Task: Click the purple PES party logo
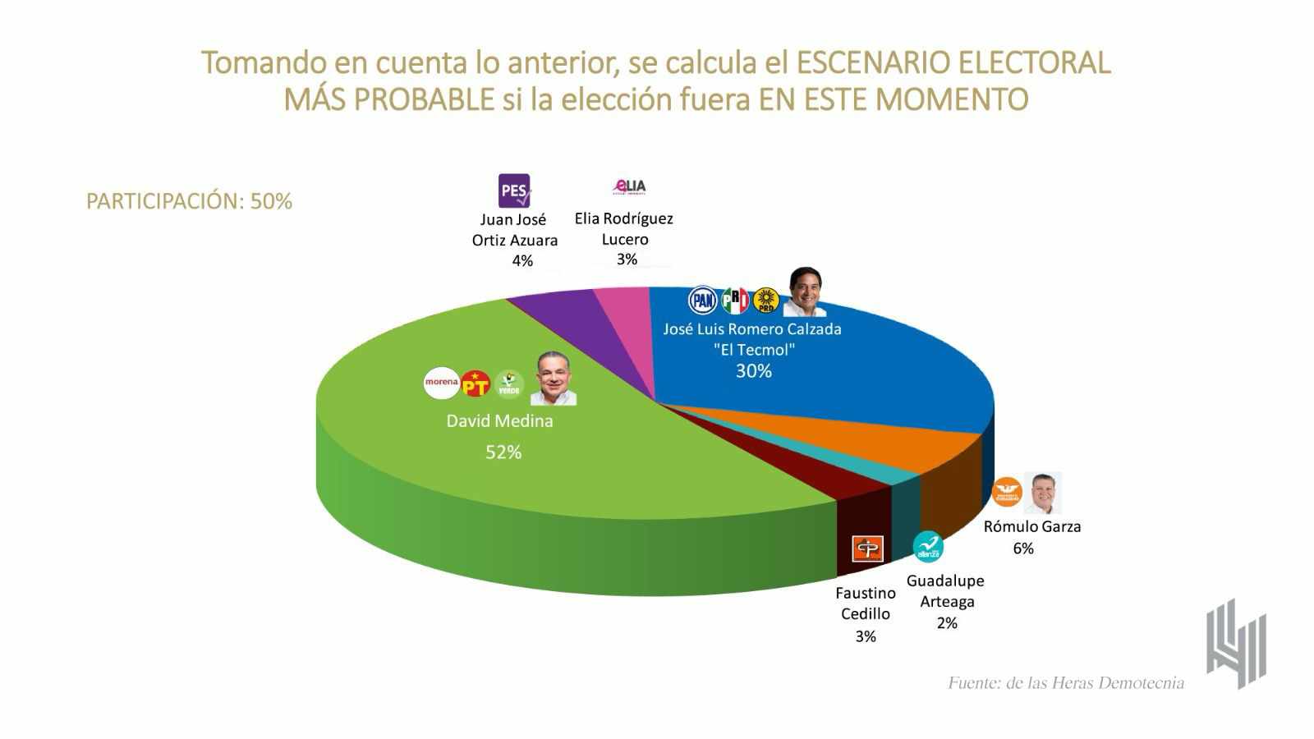(515, 190)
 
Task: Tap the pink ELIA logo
(630, 187)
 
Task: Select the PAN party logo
(702, 301)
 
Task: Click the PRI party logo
(735, 301)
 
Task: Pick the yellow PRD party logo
(766, 301)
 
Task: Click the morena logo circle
(441, 383)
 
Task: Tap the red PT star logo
(476, 383)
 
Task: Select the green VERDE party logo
(509, 383)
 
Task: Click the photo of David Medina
(554, 379)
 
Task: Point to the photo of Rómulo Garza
(1043, 493)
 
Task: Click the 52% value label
(503, 452)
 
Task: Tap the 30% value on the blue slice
(753, 371)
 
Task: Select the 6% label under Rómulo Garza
(1023, 549)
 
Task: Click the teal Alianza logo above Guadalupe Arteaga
(928, 547)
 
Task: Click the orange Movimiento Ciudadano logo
(1007, 492)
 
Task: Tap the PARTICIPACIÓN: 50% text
(189, 201)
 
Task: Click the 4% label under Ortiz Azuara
(522, 260)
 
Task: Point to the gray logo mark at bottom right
(1236, 645)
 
